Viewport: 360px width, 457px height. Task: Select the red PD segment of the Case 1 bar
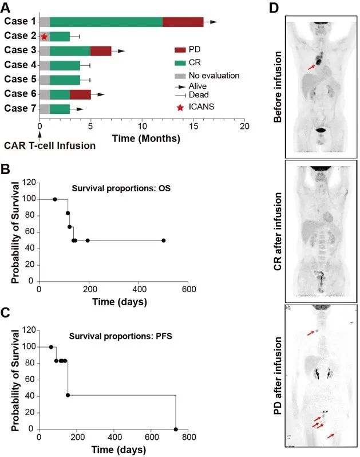click(x=183, y=22)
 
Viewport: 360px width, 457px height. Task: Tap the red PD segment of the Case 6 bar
click(x=80, y=94)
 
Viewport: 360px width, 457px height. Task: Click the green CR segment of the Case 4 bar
click(x=65, y=65)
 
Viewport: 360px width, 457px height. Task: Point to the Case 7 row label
click(x=19, y=108)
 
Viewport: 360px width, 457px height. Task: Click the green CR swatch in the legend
click(x=180, y=64)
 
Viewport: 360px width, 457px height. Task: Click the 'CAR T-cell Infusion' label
click(x=49, y=145)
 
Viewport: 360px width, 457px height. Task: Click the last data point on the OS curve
click(x=164, y=241)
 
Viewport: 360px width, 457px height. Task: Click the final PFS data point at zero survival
click(x=176, y=430)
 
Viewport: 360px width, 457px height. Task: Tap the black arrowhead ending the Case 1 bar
click(x=213, y=22)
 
